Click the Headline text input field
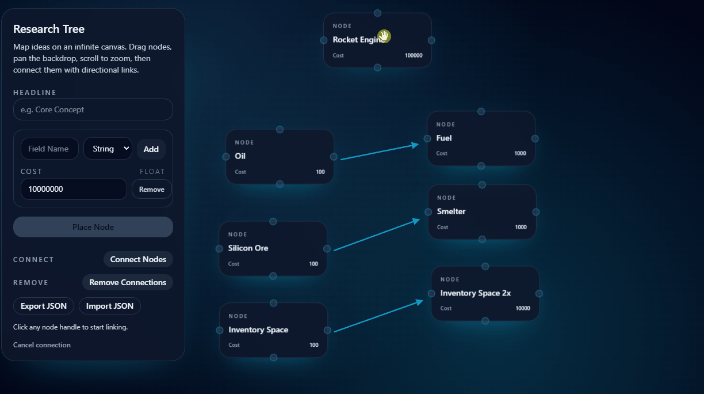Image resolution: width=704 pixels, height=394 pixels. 93,109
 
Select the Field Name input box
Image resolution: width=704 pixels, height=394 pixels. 49,149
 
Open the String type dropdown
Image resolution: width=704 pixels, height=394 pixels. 108,149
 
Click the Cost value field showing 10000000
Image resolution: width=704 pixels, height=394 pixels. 74,189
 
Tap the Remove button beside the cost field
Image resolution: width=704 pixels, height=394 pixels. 152,189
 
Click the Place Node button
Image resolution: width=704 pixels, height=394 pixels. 93,227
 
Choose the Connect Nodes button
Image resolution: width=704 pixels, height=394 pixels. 138,259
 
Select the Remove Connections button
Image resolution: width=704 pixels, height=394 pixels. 128,282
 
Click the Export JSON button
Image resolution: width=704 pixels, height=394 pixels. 44,306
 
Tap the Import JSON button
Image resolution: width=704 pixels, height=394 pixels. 110,306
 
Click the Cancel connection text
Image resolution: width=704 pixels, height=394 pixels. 42,345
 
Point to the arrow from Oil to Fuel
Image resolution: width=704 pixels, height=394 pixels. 380,152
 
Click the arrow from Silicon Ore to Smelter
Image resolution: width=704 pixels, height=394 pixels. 377,235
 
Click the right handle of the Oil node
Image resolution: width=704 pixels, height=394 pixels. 334,157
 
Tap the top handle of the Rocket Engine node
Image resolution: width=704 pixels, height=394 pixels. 377,13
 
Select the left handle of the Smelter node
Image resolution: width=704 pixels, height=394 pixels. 428,212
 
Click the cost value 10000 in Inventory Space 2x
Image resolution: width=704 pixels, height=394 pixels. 523,308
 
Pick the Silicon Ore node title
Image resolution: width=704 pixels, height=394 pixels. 248,248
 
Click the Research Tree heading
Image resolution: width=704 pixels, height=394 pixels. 49,29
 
